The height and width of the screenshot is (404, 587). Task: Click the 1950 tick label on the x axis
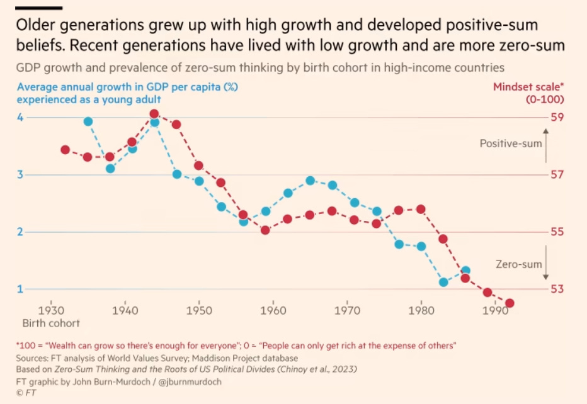[199, 310]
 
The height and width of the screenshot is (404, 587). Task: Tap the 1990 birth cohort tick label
[495, 310]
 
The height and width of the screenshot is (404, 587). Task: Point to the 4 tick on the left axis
[20, 117]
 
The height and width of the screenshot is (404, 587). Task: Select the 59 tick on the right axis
[557, 117]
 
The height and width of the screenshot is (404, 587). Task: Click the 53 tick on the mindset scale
[557, 289]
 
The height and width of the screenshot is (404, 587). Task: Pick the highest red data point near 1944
[154, 115]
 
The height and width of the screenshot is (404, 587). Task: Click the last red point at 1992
[510, 303]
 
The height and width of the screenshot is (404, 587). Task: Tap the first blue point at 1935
[88, 121]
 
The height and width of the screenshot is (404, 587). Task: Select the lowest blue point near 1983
[443, 282]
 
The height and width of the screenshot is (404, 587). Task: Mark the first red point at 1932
[65, 150]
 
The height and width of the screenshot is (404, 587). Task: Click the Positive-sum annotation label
[510, 143]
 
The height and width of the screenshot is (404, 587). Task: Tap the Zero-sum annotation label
[518, 265]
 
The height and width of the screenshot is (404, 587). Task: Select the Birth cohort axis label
[52, 323]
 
